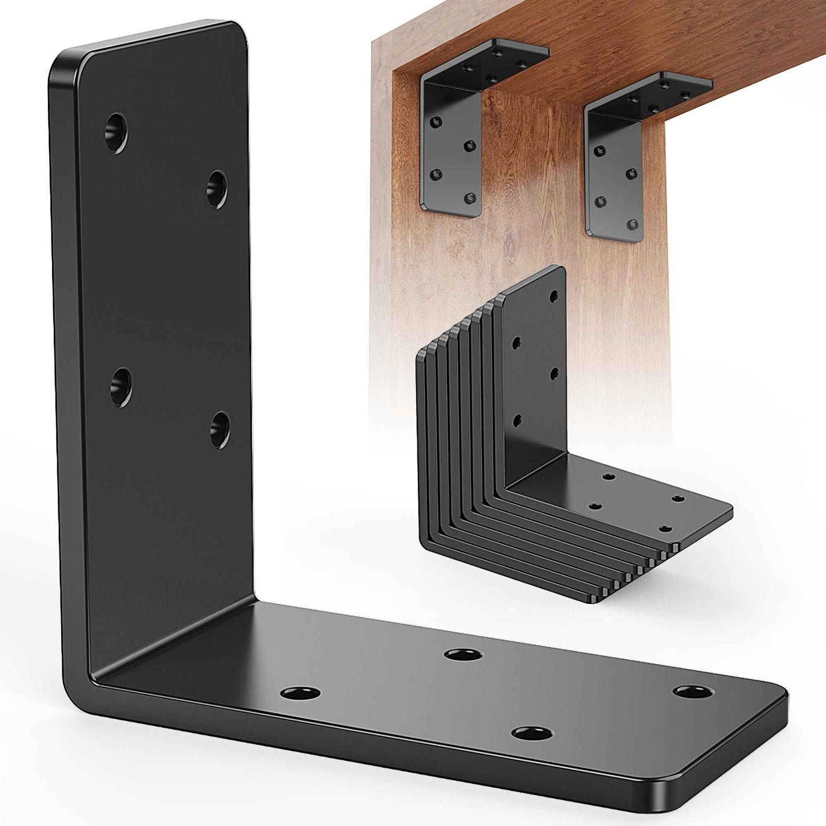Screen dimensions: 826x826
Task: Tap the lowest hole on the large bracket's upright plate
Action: pos(220,429)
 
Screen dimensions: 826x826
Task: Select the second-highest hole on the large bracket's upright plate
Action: pos(217,189)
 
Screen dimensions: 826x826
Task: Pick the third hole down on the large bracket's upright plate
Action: pos(121,387)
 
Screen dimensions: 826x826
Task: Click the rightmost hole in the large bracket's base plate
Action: pos(693,692)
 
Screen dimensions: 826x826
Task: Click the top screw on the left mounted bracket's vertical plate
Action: pos(437,121)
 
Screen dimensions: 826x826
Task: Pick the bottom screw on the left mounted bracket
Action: pos(470,198)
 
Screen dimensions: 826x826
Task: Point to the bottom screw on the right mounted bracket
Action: pos(632,224)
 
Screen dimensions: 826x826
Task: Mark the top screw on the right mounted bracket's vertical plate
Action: pos(599,151)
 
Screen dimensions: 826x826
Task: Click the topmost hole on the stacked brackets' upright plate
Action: pos(553,296)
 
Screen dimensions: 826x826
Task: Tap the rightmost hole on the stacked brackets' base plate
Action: pos(678,499)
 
